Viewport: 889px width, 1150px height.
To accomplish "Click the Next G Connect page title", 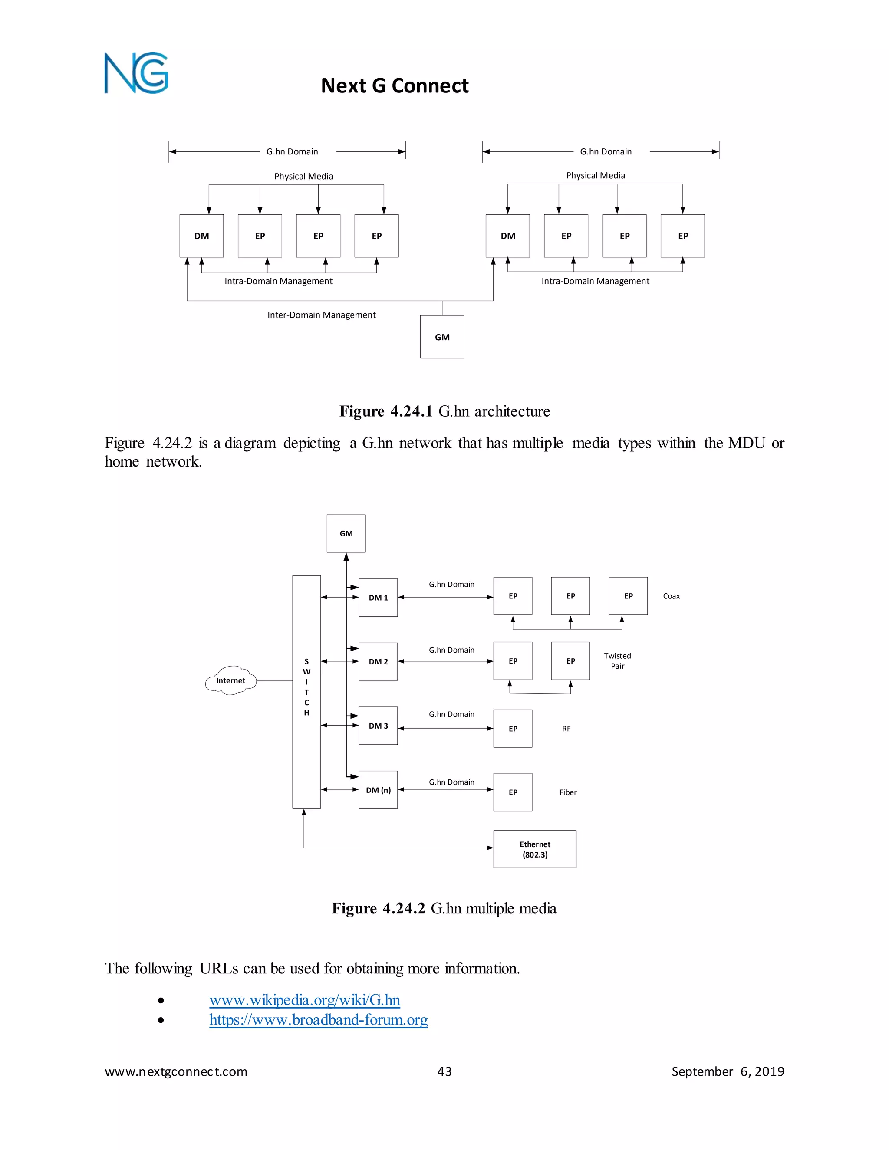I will (x=395, y=86).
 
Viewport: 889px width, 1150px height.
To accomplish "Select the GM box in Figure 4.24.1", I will (x=442, y=337).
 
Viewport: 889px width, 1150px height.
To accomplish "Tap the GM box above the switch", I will (x=346, y=533).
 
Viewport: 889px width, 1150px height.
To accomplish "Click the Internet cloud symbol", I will (x=230, y=680).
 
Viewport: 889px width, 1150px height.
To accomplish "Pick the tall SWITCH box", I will (x=306, y=692).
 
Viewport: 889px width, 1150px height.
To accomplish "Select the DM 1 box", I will (x=378, y=598).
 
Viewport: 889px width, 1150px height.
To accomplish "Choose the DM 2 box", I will (x=378, y=662).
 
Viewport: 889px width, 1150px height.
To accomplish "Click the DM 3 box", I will (x=378, y=726).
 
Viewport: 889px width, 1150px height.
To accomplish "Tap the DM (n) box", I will (x=378, y=790).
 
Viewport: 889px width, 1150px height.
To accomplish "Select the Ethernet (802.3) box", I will (x=534, y=849).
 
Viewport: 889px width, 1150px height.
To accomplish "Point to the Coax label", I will (x=671, y=596).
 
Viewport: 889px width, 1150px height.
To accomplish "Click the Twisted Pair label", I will (x=617, y=661).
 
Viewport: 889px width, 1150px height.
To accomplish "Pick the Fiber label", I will (x=568, y=792).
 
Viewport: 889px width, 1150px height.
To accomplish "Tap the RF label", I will (x=566, y=729).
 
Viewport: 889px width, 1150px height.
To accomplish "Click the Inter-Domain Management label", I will (x=321, y=315).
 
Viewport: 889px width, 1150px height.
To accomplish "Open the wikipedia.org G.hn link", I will (x=304, y=1000).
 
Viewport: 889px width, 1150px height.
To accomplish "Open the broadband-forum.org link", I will (x=318, y=1020).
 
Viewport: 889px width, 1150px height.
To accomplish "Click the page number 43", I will (x=444, y=1071).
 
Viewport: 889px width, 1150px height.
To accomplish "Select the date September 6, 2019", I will (x=728, y=1071).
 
